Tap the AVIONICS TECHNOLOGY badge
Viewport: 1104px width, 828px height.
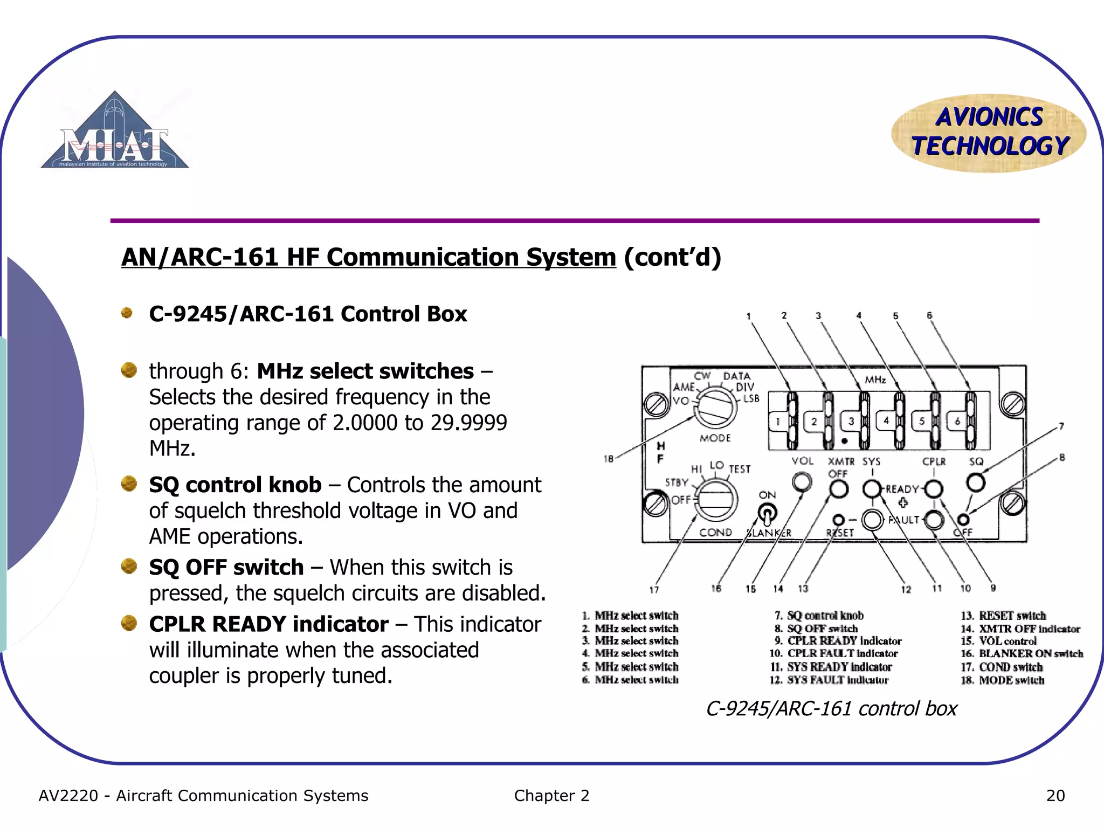pos(989,133)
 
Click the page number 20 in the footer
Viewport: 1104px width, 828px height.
pos(1055,796)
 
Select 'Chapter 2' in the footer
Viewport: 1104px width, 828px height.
pos(551,796)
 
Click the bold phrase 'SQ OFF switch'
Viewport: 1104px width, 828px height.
pos(226,567)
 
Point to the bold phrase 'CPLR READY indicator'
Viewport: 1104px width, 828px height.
pos(268,624)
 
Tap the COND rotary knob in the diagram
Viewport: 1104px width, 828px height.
pos(715,501)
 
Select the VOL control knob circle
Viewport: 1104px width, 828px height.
pos(802,481)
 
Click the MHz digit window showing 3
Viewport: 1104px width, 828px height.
pos(851,421)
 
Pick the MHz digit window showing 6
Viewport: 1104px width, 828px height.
pos(957,421)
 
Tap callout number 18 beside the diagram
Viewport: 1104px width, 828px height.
pos(608,459)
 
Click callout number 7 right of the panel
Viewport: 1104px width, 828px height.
pos(1061,426)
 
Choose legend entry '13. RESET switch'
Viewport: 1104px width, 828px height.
pos(1003,616)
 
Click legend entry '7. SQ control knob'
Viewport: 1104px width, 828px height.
pos(819,616)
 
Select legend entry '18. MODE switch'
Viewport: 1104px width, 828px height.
pos(1003,680)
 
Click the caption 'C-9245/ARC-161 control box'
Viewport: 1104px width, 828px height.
pos(831,708)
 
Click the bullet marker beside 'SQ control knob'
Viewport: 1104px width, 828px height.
pos(129,484)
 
